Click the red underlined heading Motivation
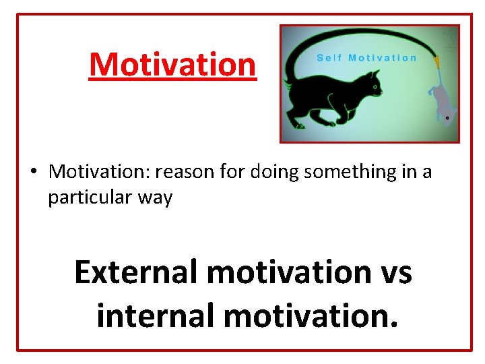tap(173, 65)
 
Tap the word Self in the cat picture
tap(329, 58)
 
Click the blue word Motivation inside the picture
tap(383, 58)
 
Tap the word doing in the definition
tap(275, 172)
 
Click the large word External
tap(136, 272)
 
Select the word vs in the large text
tap(393, 272)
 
